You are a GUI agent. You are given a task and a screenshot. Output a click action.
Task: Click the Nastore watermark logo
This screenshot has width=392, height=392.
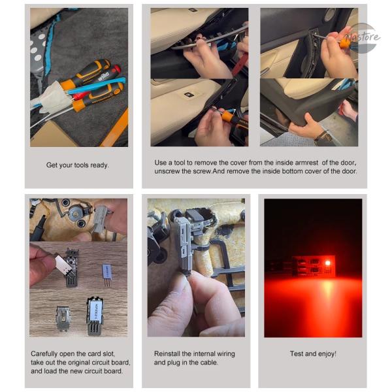(363, 37)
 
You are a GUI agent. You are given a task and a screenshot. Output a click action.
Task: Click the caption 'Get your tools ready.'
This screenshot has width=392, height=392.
(78, 165)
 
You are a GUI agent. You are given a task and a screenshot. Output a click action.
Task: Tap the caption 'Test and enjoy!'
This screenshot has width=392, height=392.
(313, 353)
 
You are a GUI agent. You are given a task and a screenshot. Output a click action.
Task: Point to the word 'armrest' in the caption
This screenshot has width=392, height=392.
(306, 163)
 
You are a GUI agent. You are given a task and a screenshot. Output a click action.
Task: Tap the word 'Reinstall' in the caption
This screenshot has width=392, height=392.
(167, 353)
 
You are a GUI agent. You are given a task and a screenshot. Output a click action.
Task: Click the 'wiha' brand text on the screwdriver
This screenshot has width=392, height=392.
(103, 76)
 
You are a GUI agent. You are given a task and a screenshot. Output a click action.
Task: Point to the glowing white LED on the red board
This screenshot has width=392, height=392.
(327, 263)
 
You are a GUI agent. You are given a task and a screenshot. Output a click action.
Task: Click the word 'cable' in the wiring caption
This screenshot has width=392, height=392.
(210, 362)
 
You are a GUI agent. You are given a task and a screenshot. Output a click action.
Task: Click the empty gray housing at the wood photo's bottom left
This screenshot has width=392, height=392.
(63, 319)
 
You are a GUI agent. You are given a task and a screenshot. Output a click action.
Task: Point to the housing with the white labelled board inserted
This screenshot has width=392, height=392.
(95, 316)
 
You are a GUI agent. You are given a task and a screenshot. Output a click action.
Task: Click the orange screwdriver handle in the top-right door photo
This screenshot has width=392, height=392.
(345, 44)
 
